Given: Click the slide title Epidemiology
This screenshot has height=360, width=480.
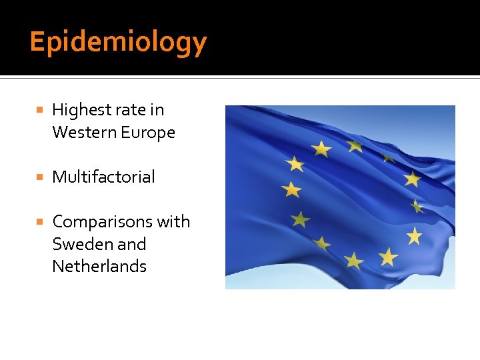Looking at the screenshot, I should pos(118,42).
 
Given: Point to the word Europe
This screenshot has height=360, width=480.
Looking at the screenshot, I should pos(148,132).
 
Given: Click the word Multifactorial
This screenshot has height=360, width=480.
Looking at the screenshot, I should pos(103,177).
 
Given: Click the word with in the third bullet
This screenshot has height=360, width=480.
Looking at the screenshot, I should pos(174,221).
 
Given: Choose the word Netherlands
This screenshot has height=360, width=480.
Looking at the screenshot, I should pos(99,266).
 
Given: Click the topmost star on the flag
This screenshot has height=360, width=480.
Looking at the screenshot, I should pos(354,145).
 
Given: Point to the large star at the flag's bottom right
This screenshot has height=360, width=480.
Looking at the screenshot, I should pos(388,256).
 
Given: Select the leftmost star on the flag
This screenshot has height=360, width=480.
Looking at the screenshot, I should pos(291,190).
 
